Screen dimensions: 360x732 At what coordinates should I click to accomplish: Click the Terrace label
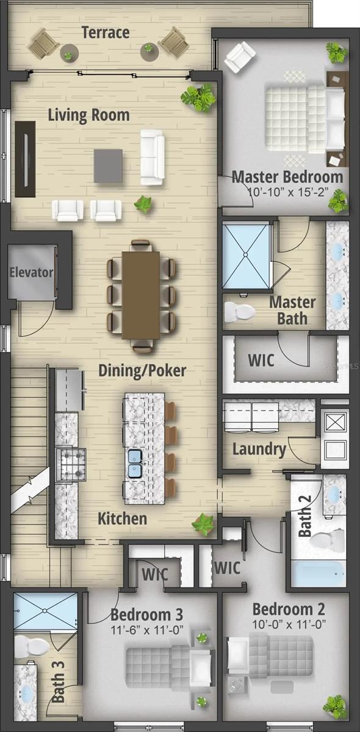106,32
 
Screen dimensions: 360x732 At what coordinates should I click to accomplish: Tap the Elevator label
31,272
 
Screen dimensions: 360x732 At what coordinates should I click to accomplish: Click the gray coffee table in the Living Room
108,166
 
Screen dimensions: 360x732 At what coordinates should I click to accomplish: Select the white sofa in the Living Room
153,157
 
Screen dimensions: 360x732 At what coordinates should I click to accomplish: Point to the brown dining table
141,295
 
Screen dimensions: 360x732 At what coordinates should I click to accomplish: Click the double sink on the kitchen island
135,463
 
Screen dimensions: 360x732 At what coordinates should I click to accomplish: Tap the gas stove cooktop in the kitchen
71,464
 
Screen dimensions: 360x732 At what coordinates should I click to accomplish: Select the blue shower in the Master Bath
247,255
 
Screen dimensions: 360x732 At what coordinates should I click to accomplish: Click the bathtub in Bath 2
318,574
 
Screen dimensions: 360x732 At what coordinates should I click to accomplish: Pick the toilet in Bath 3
32,643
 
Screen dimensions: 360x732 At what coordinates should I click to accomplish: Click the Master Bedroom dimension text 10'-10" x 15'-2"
288,192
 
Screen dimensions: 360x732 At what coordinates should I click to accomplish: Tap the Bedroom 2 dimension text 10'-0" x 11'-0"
289,625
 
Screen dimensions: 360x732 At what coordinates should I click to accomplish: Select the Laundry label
259,450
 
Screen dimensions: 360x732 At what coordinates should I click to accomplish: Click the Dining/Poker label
142,371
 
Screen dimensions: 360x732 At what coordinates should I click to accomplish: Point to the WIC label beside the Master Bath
261,360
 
